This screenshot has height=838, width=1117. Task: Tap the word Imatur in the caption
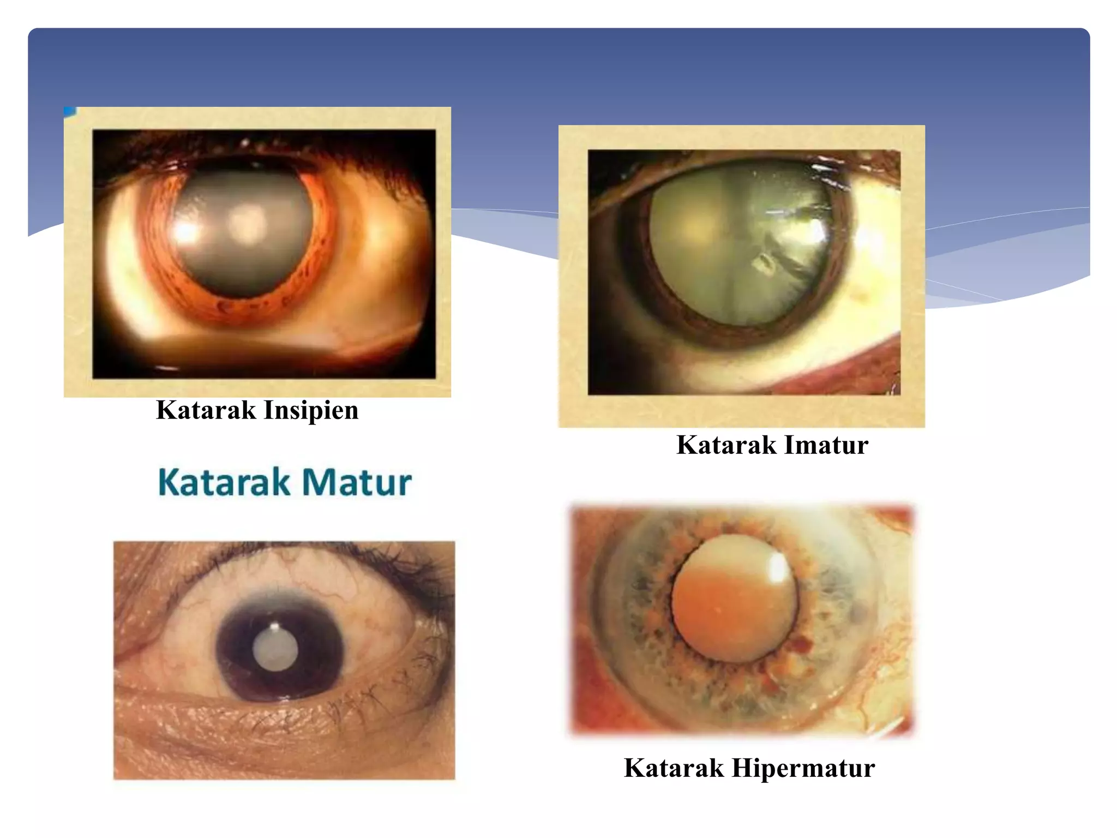[826, 445]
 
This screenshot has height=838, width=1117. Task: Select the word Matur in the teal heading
[357, 482]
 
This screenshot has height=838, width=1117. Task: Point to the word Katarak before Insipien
[206, 410]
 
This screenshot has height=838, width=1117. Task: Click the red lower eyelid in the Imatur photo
[851, 371]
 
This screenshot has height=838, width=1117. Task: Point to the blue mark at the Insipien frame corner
[69, 111]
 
